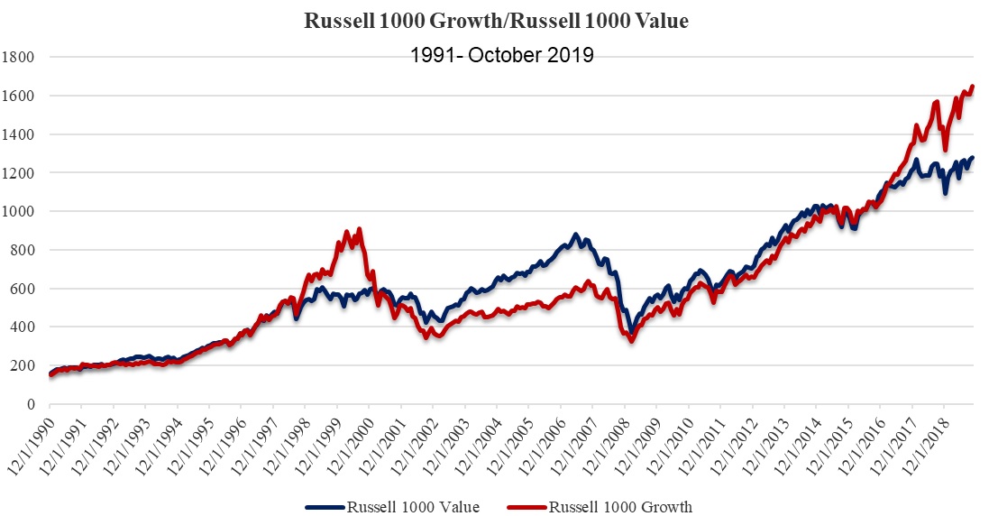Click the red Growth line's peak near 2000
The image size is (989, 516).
pos(360,229)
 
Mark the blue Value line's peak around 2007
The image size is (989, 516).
pos(576,235)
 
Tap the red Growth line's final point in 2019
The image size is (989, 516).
pos(973,87)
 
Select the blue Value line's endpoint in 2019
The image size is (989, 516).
pos(973,158)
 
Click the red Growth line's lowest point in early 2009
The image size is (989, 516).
pos(631,341)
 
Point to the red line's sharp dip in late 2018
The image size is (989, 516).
pos(945,150)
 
